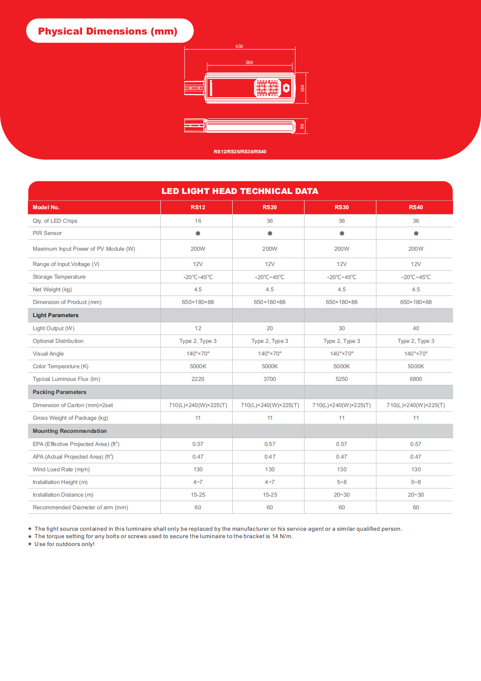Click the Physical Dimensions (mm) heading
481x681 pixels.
108,31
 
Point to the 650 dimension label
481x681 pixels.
239,46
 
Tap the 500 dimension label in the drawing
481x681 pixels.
249,62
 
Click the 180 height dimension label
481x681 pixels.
302,88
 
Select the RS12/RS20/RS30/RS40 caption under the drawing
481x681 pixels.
240,152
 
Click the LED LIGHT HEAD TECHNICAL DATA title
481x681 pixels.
240,191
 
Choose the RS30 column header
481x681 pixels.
342,207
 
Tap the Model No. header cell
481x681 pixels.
46,207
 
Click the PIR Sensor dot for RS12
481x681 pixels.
198,233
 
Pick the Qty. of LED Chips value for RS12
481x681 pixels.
198,221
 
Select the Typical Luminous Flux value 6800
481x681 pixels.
416,379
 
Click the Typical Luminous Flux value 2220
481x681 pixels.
198,379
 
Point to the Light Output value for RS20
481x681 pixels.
270,328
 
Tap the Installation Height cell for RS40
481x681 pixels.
416,482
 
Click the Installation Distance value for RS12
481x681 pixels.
198,494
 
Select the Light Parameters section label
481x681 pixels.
56,315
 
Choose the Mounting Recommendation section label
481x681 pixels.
70,431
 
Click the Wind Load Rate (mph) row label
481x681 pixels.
61,469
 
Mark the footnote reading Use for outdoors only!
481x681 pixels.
65,544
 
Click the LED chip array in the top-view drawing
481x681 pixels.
267,88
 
